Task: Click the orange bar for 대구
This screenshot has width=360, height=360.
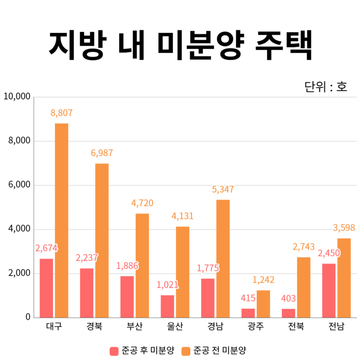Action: [x=61, y=220]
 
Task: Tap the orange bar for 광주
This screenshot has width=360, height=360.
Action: [x=263, y=304]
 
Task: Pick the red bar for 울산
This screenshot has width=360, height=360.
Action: [x=167, y=306]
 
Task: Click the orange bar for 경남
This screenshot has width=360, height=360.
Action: [x=223, y=258]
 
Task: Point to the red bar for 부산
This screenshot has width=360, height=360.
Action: [x=127, y=297]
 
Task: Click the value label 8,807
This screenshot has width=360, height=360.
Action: [x=61, y=113]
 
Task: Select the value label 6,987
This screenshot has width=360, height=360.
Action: [x=102, y=153]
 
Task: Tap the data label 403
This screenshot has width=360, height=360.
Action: [x=288, y=299]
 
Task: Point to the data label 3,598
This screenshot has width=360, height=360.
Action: [x=344, y=228]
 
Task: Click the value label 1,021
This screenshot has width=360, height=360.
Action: [x=167, y=285]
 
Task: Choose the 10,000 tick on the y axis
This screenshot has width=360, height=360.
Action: [x=16, y=97]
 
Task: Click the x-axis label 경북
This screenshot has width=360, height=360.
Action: [x=94, y=327]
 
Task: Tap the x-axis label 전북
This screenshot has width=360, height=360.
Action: [x=296, y=327]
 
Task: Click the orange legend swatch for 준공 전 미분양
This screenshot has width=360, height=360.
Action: [x=186, y=351]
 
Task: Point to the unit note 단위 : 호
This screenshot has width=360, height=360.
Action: [x=325, y=87]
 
